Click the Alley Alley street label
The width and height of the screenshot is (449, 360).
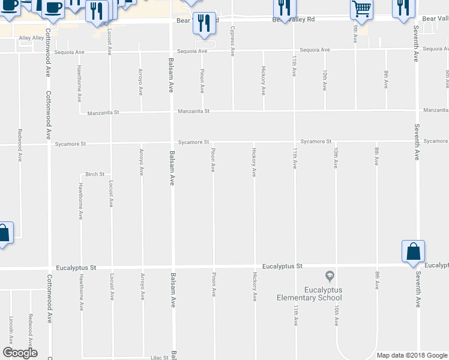(32, 38)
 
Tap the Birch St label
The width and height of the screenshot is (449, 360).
(95, 175)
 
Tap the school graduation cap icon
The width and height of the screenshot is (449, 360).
(329, 276)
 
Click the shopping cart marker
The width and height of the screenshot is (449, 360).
(361, 8)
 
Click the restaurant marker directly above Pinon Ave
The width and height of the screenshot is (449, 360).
(203, 23)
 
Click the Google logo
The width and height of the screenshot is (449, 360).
(20, 353)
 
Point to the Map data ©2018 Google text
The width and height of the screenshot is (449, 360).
(411, 355)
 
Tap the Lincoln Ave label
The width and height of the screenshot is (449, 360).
(11, 327)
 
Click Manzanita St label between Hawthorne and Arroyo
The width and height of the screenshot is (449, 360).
(103, 113)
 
